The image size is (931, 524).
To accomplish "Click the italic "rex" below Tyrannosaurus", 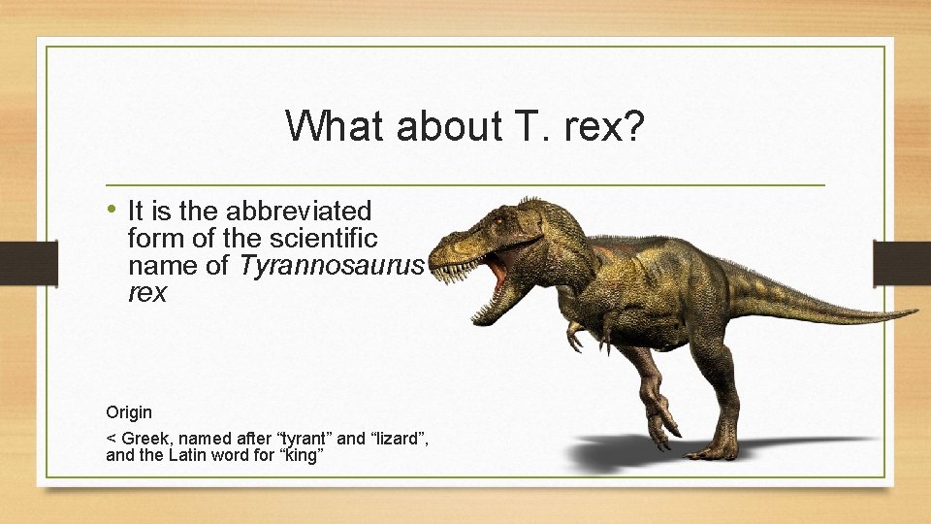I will [147, 292].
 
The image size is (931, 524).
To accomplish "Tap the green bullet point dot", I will [113, 209].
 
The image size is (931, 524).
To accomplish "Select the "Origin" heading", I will [129, 412].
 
